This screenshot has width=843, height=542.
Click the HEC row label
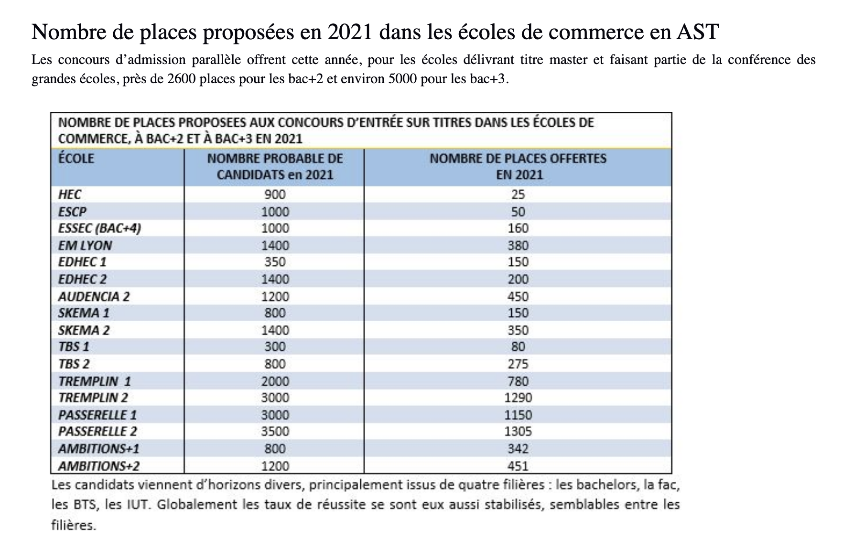pos(70,195)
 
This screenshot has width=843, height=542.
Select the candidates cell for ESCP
pos(275,212)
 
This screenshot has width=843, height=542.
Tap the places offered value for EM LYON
pos(518,246)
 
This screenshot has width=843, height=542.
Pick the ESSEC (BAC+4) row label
pos(99,228)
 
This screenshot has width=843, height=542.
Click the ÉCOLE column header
pos(76,159)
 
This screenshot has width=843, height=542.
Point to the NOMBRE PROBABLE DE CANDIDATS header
pos(275,166)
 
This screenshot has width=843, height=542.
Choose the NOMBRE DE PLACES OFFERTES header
pos(518,166)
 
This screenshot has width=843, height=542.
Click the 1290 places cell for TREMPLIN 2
pos(518,398)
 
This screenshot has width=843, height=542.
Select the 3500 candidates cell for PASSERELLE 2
pos(275,432)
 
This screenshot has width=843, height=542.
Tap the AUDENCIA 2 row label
pos(94,296)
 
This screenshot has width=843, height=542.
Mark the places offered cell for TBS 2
pos(518,364)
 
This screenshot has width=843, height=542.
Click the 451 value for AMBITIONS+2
pos(518,466)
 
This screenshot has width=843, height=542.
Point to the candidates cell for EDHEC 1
pos(275,262)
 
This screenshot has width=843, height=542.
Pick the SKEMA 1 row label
pos(84,313)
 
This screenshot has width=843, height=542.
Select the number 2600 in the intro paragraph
pos(181,78)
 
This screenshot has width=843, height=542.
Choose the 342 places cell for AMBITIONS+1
pos(518,449)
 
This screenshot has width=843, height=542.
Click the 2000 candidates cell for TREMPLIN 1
pos(275,381)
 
